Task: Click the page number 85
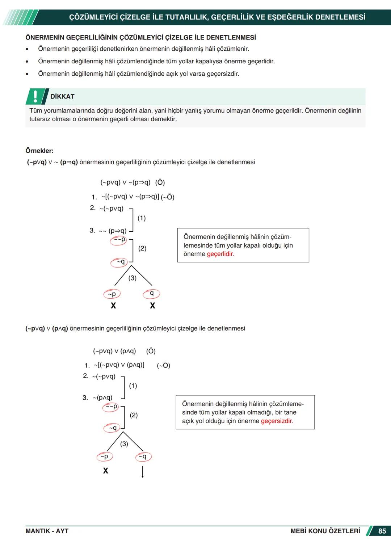(x=382, y=531)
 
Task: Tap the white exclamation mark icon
(x=35, y=96)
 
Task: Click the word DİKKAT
(x=62, y=97)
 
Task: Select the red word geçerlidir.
(x=220, y=254)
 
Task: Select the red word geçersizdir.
(x=277, y=421)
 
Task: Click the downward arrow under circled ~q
(x=143, y=472)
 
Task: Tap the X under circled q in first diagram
(x=152, y=306)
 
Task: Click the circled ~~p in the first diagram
(x=119, y=240)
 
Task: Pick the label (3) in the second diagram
(x=124, y=444)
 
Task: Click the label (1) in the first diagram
(x=142, y=218)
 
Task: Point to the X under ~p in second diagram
(x=105, y=471)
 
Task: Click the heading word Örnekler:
(x=39, y=151)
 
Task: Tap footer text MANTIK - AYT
(x=47, y=531)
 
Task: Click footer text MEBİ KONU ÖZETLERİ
(x=325, y=531)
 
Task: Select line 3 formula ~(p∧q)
(x=102, y=398)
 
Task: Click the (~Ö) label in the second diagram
(x=163, y=365)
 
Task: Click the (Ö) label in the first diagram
(x=160, y=182)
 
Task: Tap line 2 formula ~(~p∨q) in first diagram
(x=112, y=209)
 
